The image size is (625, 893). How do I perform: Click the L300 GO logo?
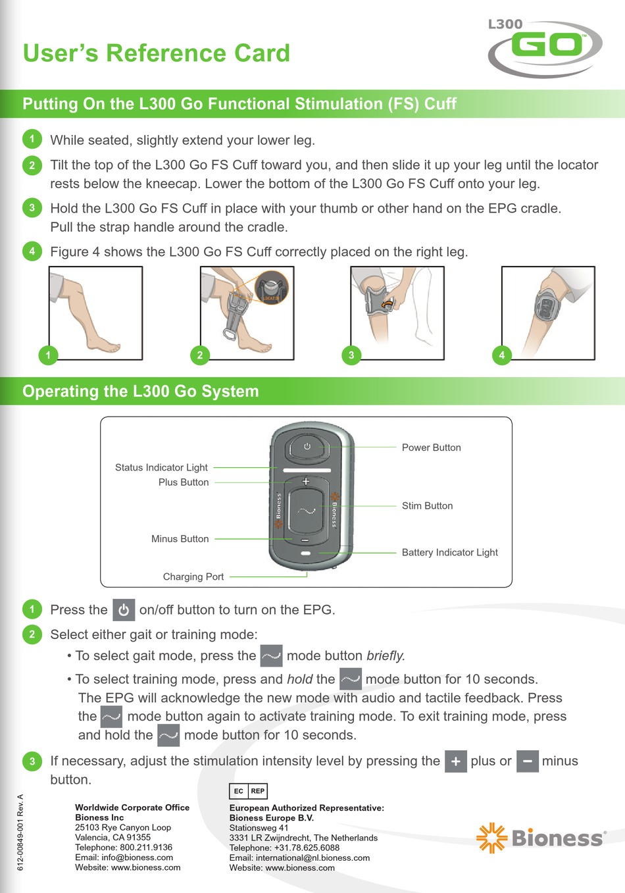544,47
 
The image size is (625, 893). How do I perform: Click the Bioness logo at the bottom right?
541,838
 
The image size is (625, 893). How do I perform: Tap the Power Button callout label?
431,447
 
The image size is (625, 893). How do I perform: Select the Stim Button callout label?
427,506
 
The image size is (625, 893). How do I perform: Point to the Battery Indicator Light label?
449,553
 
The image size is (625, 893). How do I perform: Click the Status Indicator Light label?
161,468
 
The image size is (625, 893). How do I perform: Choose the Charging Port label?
193,577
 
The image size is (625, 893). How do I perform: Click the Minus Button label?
180,539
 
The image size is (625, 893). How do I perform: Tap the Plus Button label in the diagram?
183,482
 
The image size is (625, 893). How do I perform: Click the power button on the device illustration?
307,447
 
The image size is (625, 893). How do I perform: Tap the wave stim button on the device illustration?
306,511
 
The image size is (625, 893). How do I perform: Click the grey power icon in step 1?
124,610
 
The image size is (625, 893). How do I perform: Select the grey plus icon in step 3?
455,761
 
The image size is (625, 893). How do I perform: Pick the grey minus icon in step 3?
527,761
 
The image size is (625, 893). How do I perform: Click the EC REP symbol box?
248,791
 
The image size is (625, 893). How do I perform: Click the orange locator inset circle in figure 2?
271,288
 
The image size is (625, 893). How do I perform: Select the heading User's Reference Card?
157,53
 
